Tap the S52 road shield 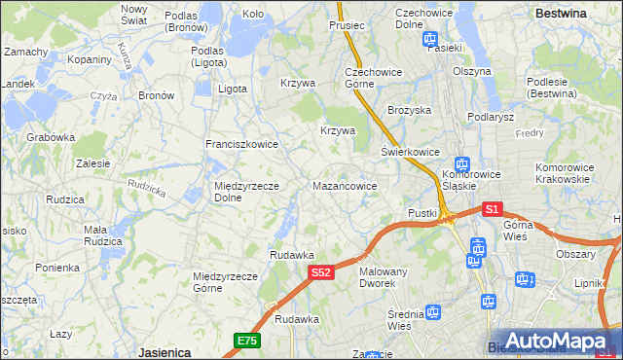[323, 274]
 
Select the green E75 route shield [247, 341]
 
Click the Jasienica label [164, 352]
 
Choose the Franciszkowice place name [241, 144]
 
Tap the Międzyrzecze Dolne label [247, 192]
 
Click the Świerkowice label [410, 152]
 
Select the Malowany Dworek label [383, 277]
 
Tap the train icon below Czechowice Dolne [430, 39]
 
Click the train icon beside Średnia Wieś [432, 312]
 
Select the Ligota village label [233, 89]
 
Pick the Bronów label [156, 95]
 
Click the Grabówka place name [51, 137]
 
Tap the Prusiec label [347, 25]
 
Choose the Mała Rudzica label [102, 235]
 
